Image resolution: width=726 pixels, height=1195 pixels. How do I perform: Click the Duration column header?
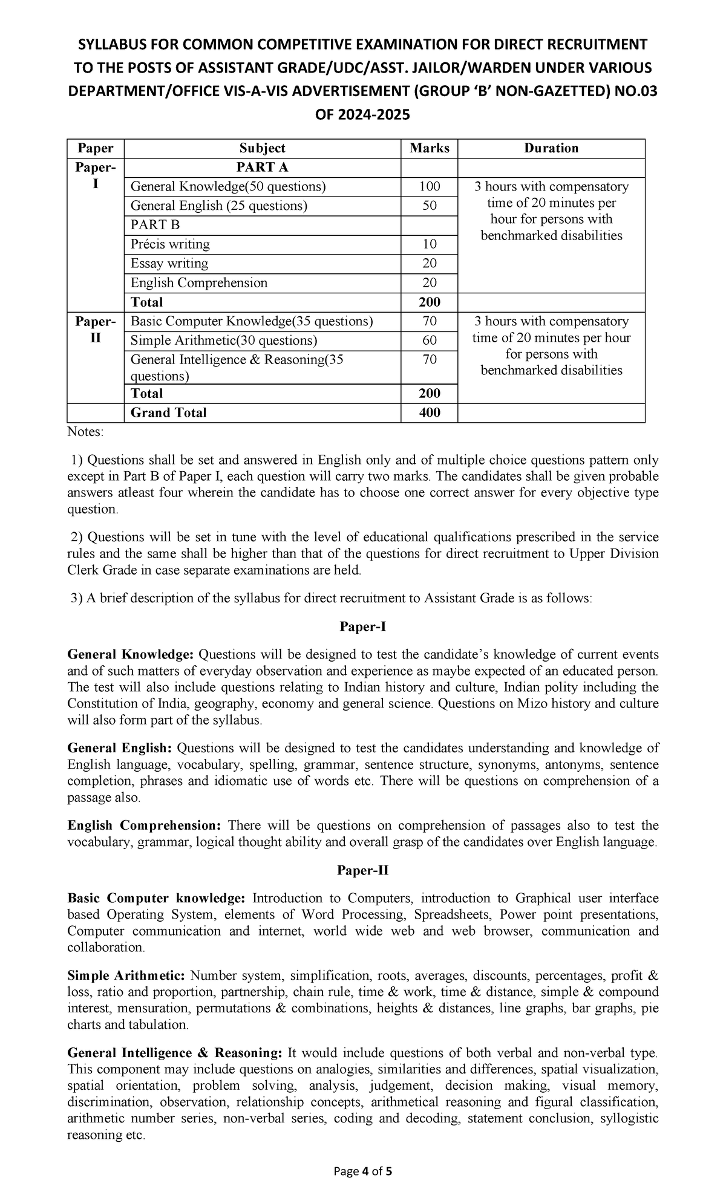pos(551,148)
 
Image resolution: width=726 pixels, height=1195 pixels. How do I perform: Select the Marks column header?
pos(429,148)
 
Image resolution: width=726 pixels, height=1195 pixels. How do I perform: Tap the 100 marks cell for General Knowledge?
pos(429,186)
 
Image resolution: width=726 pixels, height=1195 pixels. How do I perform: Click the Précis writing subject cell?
pos(171,244)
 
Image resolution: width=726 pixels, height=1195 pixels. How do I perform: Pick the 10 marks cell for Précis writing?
pos(429,244)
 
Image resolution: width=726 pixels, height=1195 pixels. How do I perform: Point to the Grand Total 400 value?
pos(429,412)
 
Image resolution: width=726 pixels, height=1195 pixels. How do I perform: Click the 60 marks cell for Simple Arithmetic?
pos(429,340)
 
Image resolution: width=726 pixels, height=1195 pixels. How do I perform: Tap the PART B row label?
pos(155,225)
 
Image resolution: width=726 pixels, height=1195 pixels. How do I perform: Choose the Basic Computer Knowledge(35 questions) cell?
pos(252,321)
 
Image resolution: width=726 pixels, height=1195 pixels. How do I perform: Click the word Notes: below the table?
pos(85,432)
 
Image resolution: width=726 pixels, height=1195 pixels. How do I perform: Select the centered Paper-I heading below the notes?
pos(362,627)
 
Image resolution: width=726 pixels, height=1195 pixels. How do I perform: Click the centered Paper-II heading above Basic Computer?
pos(362,870)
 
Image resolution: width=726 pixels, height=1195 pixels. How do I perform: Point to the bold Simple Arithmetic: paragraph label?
pos(126,975)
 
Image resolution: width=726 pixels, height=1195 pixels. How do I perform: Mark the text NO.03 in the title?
pos(634,91)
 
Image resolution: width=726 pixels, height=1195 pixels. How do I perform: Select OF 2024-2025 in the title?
pos(362,114)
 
